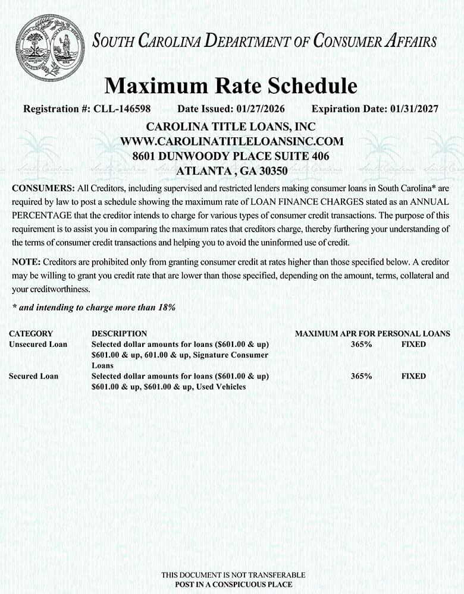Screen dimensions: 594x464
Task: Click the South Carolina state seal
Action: click(x=51, y=48)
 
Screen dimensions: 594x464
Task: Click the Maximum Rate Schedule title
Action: click(x=231, y=86)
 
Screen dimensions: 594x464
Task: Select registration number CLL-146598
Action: click(x=122, y=109)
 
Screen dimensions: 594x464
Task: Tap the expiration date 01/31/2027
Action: click(x=414, y=109)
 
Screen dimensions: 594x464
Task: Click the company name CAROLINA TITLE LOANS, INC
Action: click(x=231, y=127)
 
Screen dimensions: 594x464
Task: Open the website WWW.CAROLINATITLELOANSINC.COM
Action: click(x=231, y=141)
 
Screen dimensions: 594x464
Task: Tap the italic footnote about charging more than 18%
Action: click(x=93, y=307)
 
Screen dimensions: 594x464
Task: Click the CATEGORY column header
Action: click(x=31, y=334)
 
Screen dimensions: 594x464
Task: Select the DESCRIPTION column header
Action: click(x=119, y=334)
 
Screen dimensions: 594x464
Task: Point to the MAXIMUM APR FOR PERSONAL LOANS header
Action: click(x=372, y=334)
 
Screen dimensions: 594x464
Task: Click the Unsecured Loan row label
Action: click(x=38, y=345)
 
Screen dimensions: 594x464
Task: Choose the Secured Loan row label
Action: click(x=34, y=377)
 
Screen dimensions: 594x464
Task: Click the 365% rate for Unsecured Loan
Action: click(x=362, y=345)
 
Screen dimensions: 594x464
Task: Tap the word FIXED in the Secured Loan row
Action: click(x=413, y=377)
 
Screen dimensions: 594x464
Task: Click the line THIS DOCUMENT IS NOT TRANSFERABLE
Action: click(x=233, y=575)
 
